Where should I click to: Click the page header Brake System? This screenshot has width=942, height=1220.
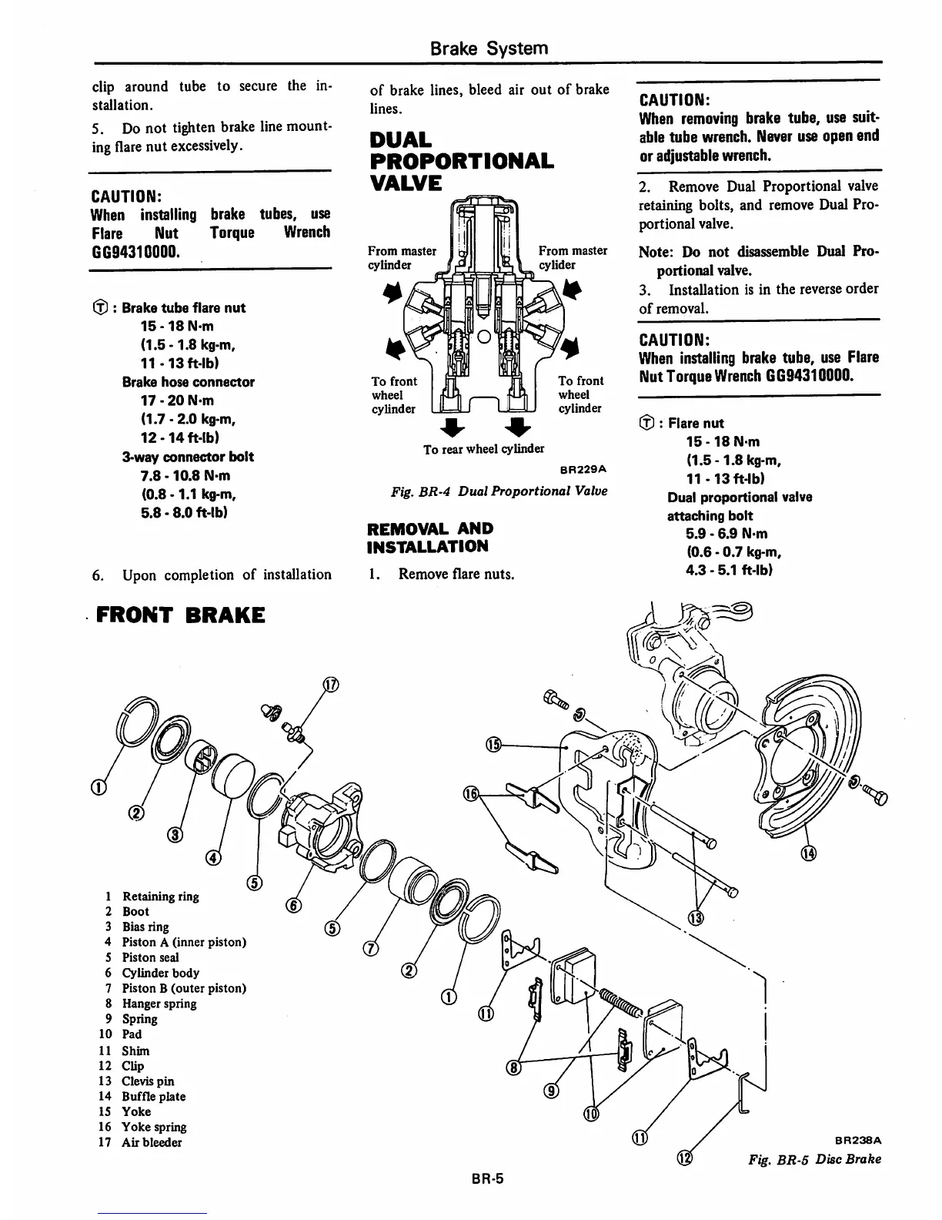click(x=489, y=49)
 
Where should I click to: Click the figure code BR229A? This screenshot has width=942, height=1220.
click(x=585, y=468)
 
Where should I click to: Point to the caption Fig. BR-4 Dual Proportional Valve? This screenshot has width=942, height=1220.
click(x=498, y=491)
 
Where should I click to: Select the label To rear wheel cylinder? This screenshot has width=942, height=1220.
click(x=484, y=449)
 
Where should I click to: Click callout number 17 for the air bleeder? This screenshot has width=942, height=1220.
click(x=331, y=686)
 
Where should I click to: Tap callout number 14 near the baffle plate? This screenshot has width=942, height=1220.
click(x=807, y=853)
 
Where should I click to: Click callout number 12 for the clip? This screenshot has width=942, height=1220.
click(x=684, y=1159)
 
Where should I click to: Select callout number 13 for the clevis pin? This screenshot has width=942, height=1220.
click(x=696, y=918)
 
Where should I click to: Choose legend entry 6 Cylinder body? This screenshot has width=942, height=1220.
click(x=152, y=973)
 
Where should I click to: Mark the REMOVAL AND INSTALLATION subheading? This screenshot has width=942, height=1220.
click(x=430, y=538)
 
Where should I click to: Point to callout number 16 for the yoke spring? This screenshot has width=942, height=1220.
click(x=470, y=794)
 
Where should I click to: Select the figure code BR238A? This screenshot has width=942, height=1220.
click(x=858, y=1140)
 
